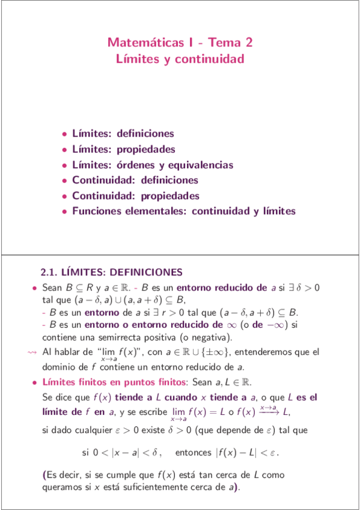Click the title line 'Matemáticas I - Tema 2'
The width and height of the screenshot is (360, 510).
[x=180, y=43]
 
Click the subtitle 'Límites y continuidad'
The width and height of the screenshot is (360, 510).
[x=180, y=59]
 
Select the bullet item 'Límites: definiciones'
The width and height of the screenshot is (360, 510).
[x=123, y=134]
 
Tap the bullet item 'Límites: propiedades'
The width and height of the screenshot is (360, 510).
[x=123, y=149]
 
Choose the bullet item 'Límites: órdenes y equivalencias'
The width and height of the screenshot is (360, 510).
[x=152, y=165]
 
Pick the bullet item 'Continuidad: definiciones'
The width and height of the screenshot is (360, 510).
[x=135, y=180]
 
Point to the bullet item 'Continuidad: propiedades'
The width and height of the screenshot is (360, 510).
[x=135, y=196]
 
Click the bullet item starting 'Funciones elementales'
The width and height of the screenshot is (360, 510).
[x=183, y=212]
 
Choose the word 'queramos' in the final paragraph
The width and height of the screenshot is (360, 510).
[x=62, y=488]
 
